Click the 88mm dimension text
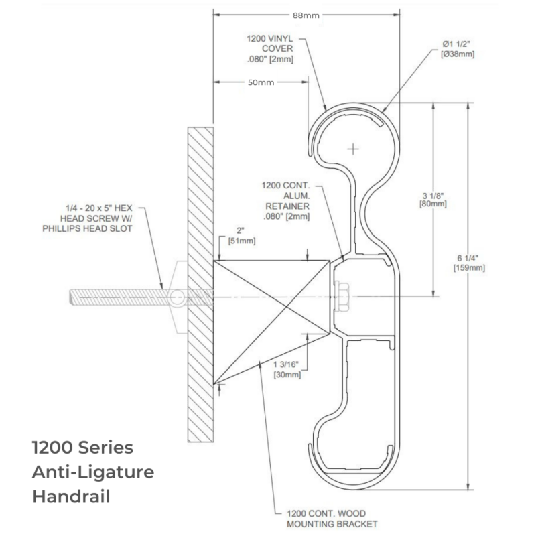pos(306,15)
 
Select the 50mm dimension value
pos(261,82)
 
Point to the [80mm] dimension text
pos(433,204)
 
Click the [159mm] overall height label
pos(469,267)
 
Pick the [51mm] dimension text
pos(242,241)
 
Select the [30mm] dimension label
pos(287,375)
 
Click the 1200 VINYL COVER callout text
pos(270,48)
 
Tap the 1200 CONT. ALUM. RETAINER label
pos(286,201)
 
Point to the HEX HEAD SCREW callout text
pos(88,218)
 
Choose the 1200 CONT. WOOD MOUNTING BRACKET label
pos(332,519)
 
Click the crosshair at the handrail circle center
pos(353,149)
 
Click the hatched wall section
pos(200,284)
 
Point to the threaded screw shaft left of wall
pos(120,297)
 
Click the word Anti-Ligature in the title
pos(93,472)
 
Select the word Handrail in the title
pos(71,496)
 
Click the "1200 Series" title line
pos(82,448)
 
